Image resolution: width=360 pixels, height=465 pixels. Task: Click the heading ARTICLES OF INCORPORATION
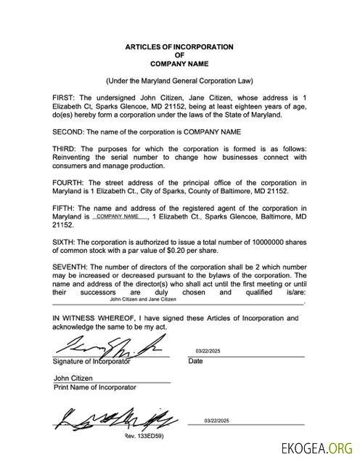[x=179, y=46]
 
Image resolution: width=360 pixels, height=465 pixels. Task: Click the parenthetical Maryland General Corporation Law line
[x=179, y=80]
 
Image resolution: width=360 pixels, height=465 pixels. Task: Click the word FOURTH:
[x=69, y=182]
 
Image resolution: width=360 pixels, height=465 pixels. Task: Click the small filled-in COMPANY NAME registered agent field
[x=118, y=217]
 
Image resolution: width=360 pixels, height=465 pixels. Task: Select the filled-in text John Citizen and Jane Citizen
[x=143, y=299]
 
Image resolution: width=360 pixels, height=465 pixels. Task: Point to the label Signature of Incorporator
[x=91, y=361]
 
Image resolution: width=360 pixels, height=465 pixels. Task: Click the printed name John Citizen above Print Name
[x=72, y=378]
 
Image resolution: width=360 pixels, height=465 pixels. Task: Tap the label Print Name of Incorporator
[x=94, y=387]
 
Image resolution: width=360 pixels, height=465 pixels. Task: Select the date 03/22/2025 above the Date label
[x=210, y=351]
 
